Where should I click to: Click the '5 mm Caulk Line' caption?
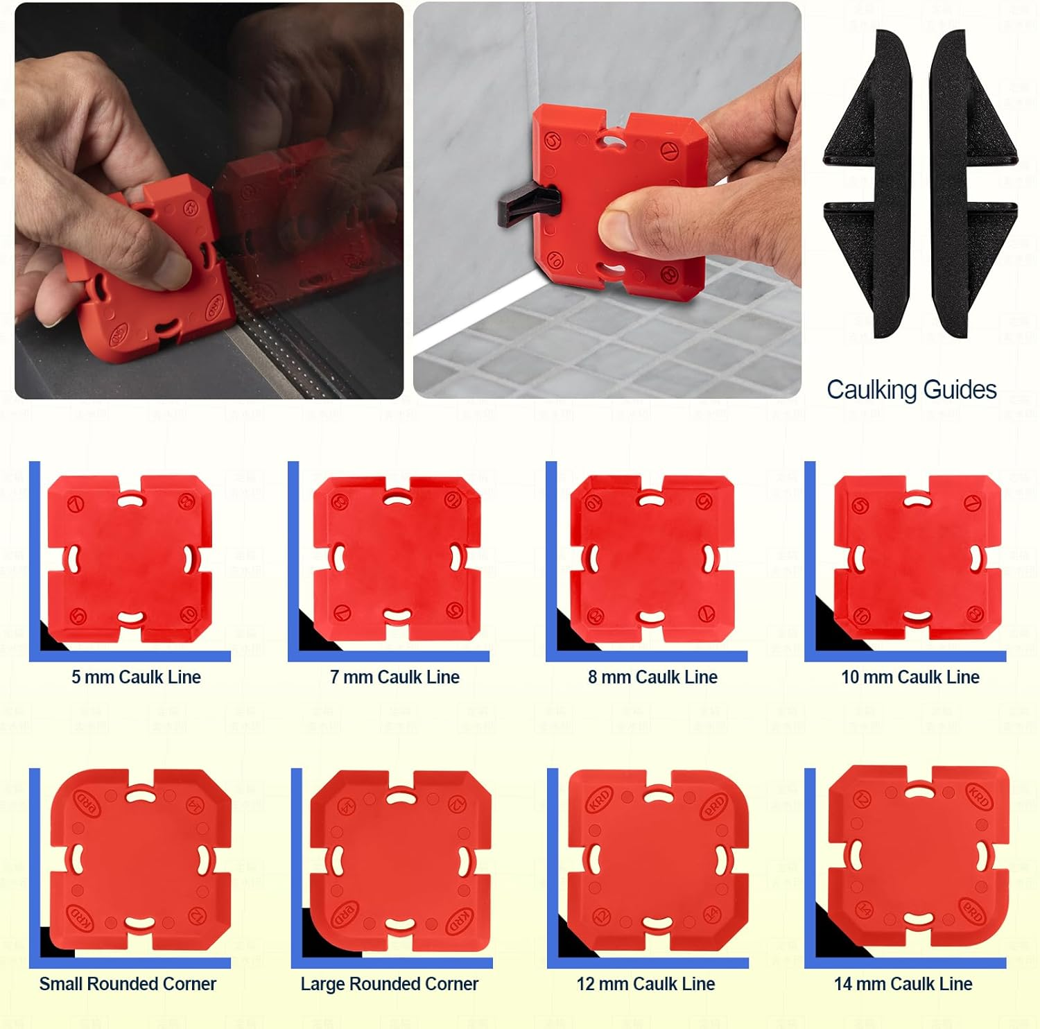pos(136,677)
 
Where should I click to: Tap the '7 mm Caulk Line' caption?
pos(395,677)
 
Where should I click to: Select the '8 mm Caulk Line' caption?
pos(652,677)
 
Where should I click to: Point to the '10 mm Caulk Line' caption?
pos(910,677)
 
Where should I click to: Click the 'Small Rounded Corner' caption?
pos(128,984)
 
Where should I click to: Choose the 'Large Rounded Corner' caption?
pos(389,984)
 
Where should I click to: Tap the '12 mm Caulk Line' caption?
pos(645,984)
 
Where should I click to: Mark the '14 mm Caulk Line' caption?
pos(903,984)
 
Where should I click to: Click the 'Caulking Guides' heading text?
pos(911,390)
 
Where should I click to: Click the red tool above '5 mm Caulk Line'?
pos(130,558)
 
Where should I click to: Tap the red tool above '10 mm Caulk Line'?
pos(917,558)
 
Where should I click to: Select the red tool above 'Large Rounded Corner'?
pos(400,861)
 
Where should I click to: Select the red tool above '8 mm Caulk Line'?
pos(652,558)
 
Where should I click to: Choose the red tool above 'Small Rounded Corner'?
pos(141,859)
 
